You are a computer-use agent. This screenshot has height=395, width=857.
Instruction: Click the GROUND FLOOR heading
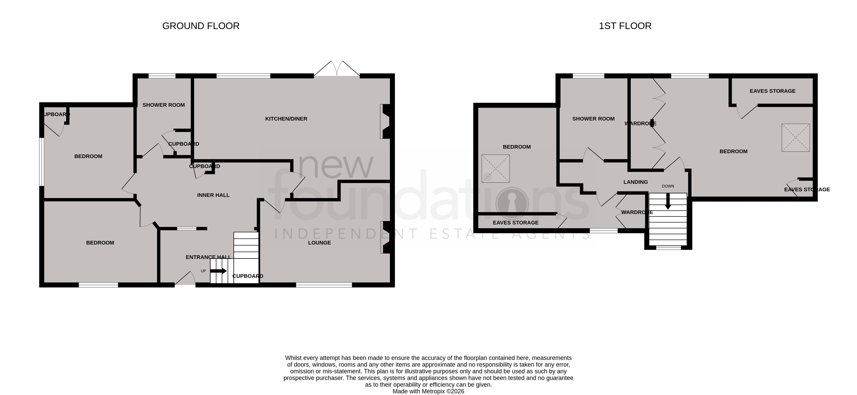click(201, 26)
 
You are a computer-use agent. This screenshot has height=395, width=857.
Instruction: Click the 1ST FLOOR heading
click(625, 26)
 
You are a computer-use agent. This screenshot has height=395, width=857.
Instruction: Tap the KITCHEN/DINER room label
click(286, 119)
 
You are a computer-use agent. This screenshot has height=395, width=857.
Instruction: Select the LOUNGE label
click(319, 243)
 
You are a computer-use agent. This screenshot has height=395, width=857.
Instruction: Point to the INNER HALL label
click(213, 195)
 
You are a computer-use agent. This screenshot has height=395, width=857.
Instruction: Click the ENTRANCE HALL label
click(208, 257)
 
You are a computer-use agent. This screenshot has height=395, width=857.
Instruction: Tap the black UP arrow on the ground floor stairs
click(218, 271)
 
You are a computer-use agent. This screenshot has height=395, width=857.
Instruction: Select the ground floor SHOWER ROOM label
click(164, 105)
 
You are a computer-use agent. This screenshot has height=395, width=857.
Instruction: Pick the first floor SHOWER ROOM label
click(593, 119)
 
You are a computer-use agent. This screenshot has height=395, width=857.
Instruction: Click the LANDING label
click(635, 182)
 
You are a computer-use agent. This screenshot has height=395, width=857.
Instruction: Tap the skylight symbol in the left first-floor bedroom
click(495, 169)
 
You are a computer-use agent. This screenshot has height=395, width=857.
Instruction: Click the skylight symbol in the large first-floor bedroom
click(795, 138)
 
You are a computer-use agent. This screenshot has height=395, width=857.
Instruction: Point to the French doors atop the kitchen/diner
click(337, 69)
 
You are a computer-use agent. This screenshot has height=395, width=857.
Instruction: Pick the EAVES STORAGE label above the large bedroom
click(772, 91)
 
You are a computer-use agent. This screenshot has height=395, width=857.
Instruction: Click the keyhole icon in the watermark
click(512, 203)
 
